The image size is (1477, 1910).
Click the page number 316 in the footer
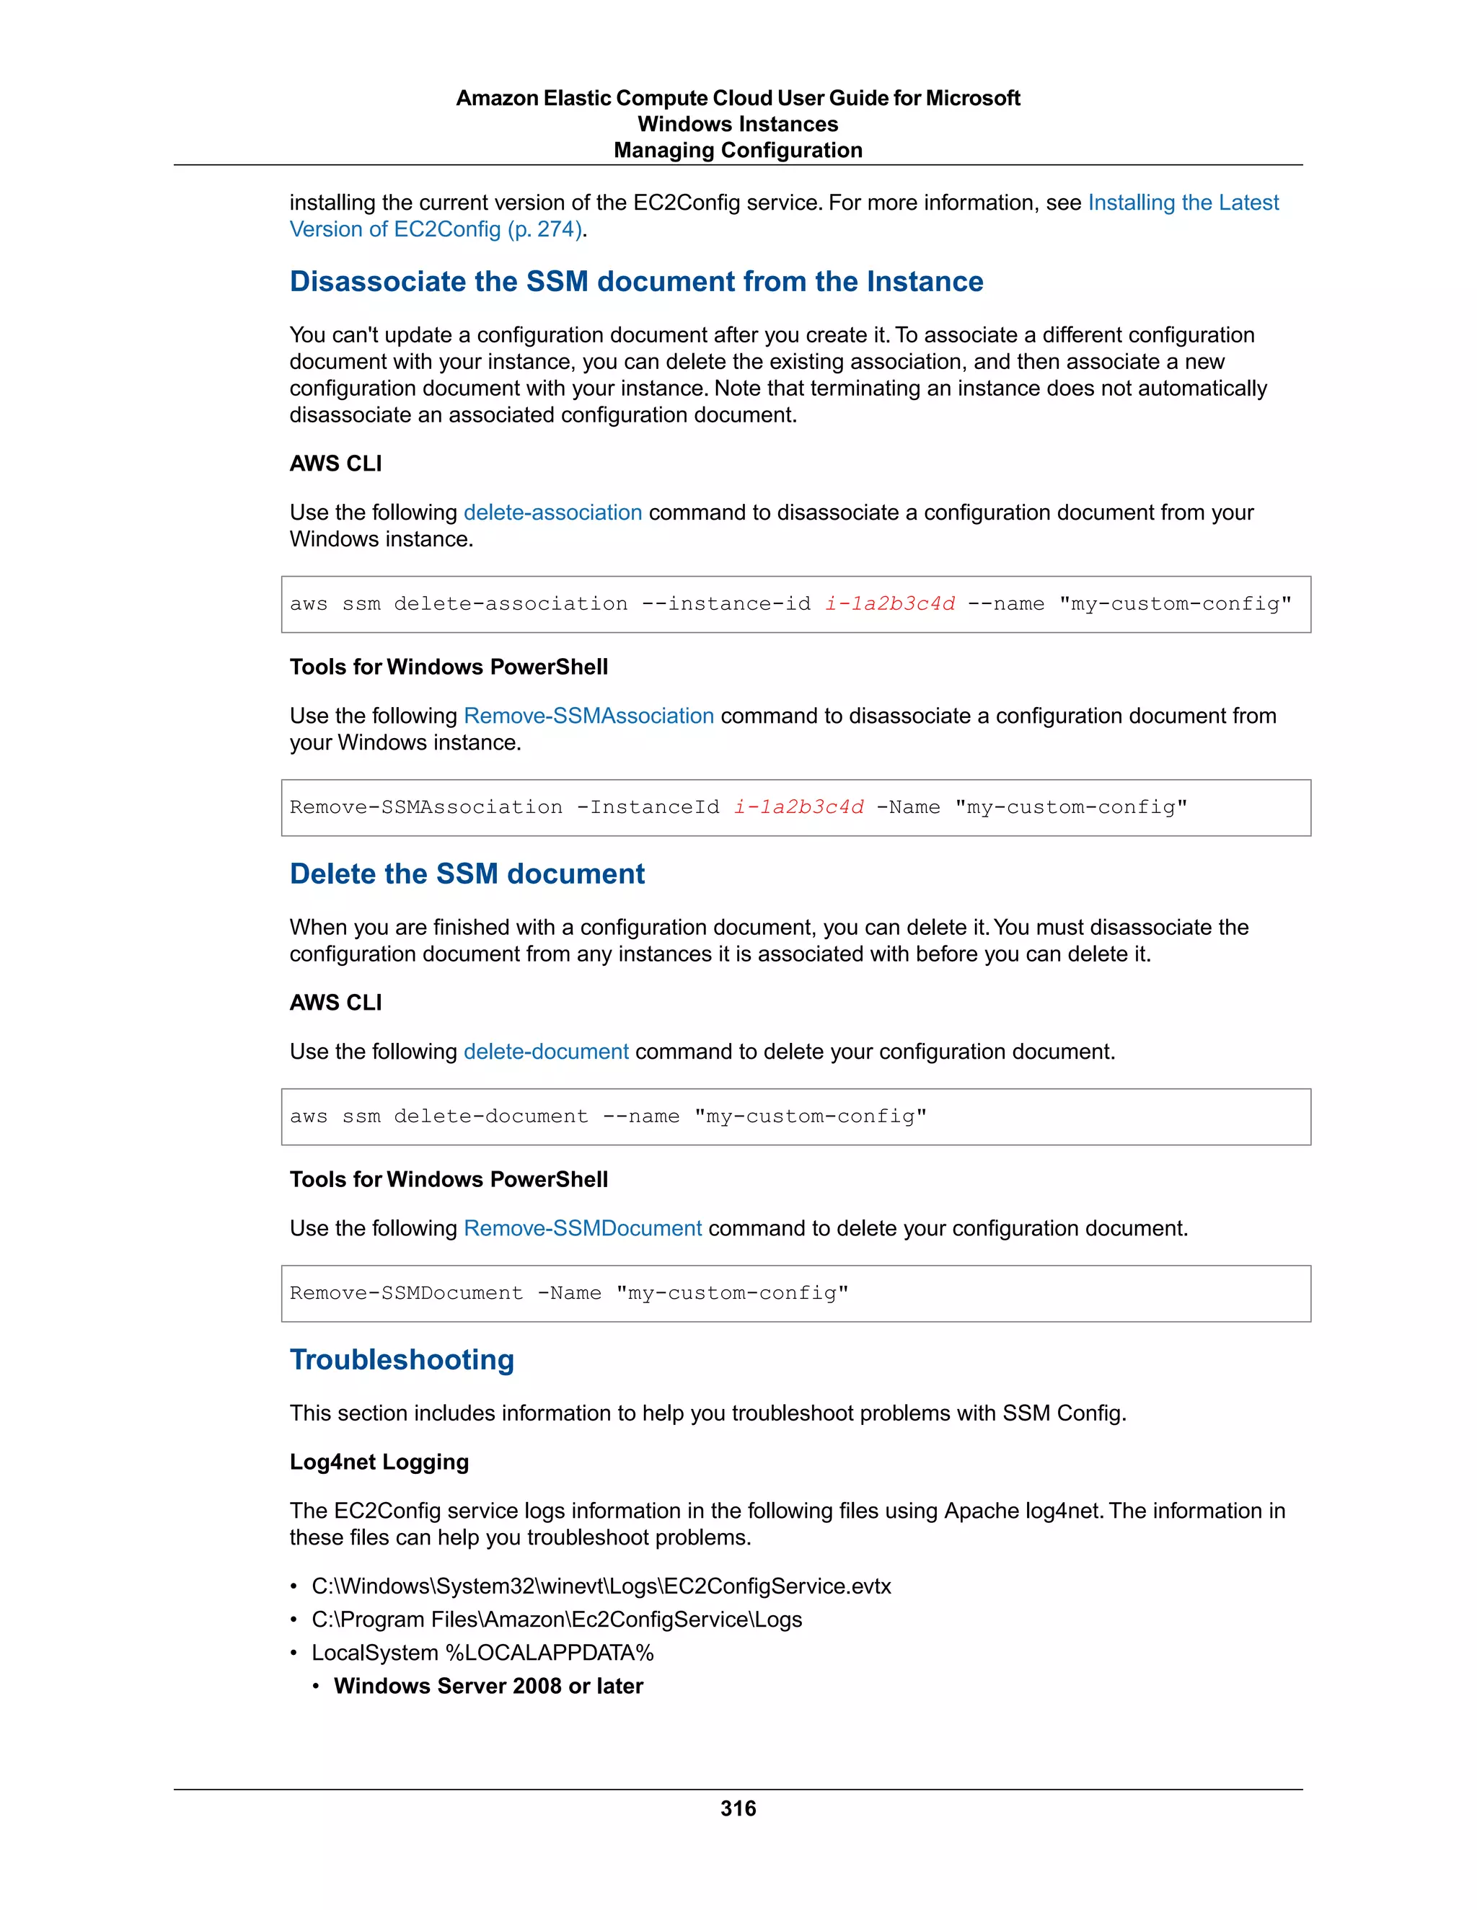tap(738, 1808)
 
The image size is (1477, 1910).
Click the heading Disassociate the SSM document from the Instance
tap(636, 282)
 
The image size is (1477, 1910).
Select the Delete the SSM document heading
tap(467, 874)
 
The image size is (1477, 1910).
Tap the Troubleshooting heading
tap(402, 1359)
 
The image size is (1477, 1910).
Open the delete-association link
tap(552, 512)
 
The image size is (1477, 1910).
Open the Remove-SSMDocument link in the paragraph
tap(582, 1228)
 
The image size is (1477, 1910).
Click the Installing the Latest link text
tap(1182, 203)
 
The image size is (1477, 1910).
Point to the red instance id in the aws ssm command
tap(889, 604)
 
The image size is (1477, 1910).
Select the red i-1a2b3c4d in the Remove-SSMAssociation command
tap(798, 807)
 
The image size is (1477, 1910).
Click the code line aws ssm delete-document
tap(607, 1116)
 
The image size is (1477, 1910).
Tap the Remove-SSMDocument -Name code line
tap(569, 1294)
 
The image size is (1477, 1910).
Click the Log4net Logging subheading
tap(379, 1462)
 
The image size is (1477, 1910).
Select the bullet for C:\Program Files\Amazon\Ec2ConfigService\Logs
tap(557, 1620)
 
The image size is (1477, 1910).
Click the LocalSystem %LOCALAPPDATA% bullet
tap(482, 1653)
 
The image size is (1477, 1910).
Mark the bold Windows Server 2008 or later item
tap(488, 1686)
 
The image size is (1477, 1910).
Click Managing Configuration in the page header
tap(738, 151)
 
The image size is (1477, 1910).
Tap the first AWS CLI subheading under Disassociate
tap(335, 463)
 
